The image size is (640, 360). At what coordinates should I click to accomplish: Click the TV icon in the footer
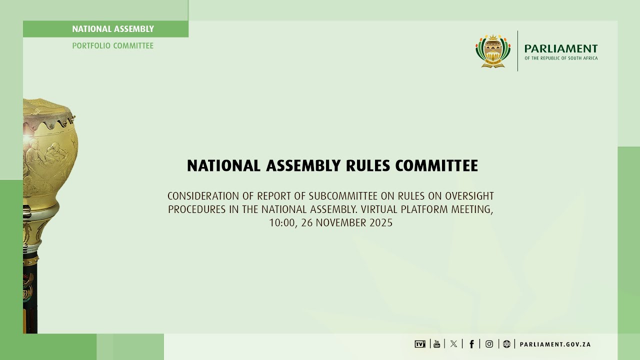[x=419, y=344]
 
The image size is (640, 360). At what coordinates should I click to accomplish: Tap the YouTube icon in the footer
[x=437, y=344]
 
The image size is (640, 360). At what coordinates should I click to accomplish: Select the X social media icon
[x=453, y=344]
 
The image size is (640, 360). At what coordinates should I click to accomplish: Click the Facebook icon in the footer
[x=471, y=344]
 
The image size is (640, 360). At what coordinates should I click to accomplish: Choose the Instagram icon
[x=489, y=344]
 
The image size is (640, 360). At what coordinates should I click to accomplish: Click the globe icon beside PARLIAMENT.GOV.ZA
[x=506, y=344]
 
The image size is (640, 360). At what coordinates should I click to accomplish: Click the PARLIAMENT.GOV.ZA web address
[x=555, y=344]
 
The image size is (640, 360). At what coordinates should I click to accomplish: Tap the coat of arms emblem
[x=493, y=51]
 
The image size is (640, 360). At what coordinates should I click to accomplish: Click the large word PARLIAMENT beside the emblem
[x=560, y=48]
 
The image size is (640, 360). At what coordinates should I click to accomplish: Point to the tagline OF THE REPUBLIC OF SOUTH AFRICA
[x=560, y=58]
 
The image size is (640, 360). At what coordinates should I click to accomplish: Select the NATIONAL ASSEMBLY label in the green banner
[x=113, y=29]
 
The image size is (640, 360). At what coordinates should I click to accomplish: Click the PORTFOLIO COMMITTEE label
[x=113, y=45]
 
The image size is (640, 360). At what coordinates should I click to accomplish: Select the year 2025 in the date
[x=381, y=223]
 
